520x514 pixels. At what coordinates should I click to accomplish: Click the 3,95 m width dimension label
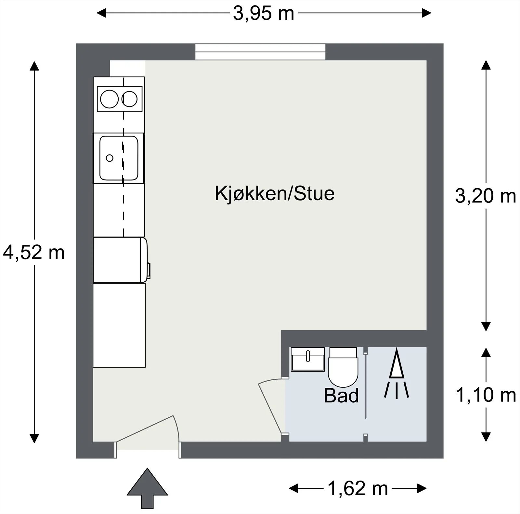(264, 14)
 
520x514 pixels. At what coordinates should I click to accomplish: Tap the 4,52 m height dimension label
(34, 252)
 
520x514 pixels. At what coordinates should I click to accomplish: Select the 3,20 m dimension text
(486, 196)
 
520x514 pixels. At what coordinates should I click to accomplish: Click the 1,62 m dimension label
(358, 488)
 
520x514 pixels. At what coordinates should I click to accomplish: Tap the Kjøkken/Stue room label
(275, 193)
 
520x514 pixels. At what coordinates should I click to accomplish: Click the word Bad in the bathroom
(341, 396)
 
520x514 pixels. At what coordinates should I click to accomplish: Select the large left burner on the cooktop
(110, 99)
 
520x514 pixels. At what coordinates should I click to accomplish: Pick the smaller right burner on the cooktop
(129, 99)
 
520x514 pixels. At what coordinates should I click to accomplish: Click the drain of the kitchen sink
(110, 158)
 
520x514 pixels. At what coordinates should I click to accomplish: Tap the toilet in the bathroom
(343, 367)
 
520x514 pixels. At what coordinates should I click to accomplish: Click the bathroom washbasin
(308, 359)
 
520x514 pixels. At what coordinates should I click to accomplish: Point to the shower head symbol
(396, 373)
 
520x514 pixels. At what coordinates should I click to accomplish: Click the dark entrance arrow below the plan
(147, 488)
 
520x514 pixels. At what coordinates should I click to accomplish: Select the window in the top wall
(260, 52)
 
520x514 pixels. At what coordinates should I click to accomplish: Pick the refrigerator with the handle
(121, 260)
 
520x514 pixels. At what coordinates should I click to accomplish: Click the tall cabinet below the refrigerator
(119, 325)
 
